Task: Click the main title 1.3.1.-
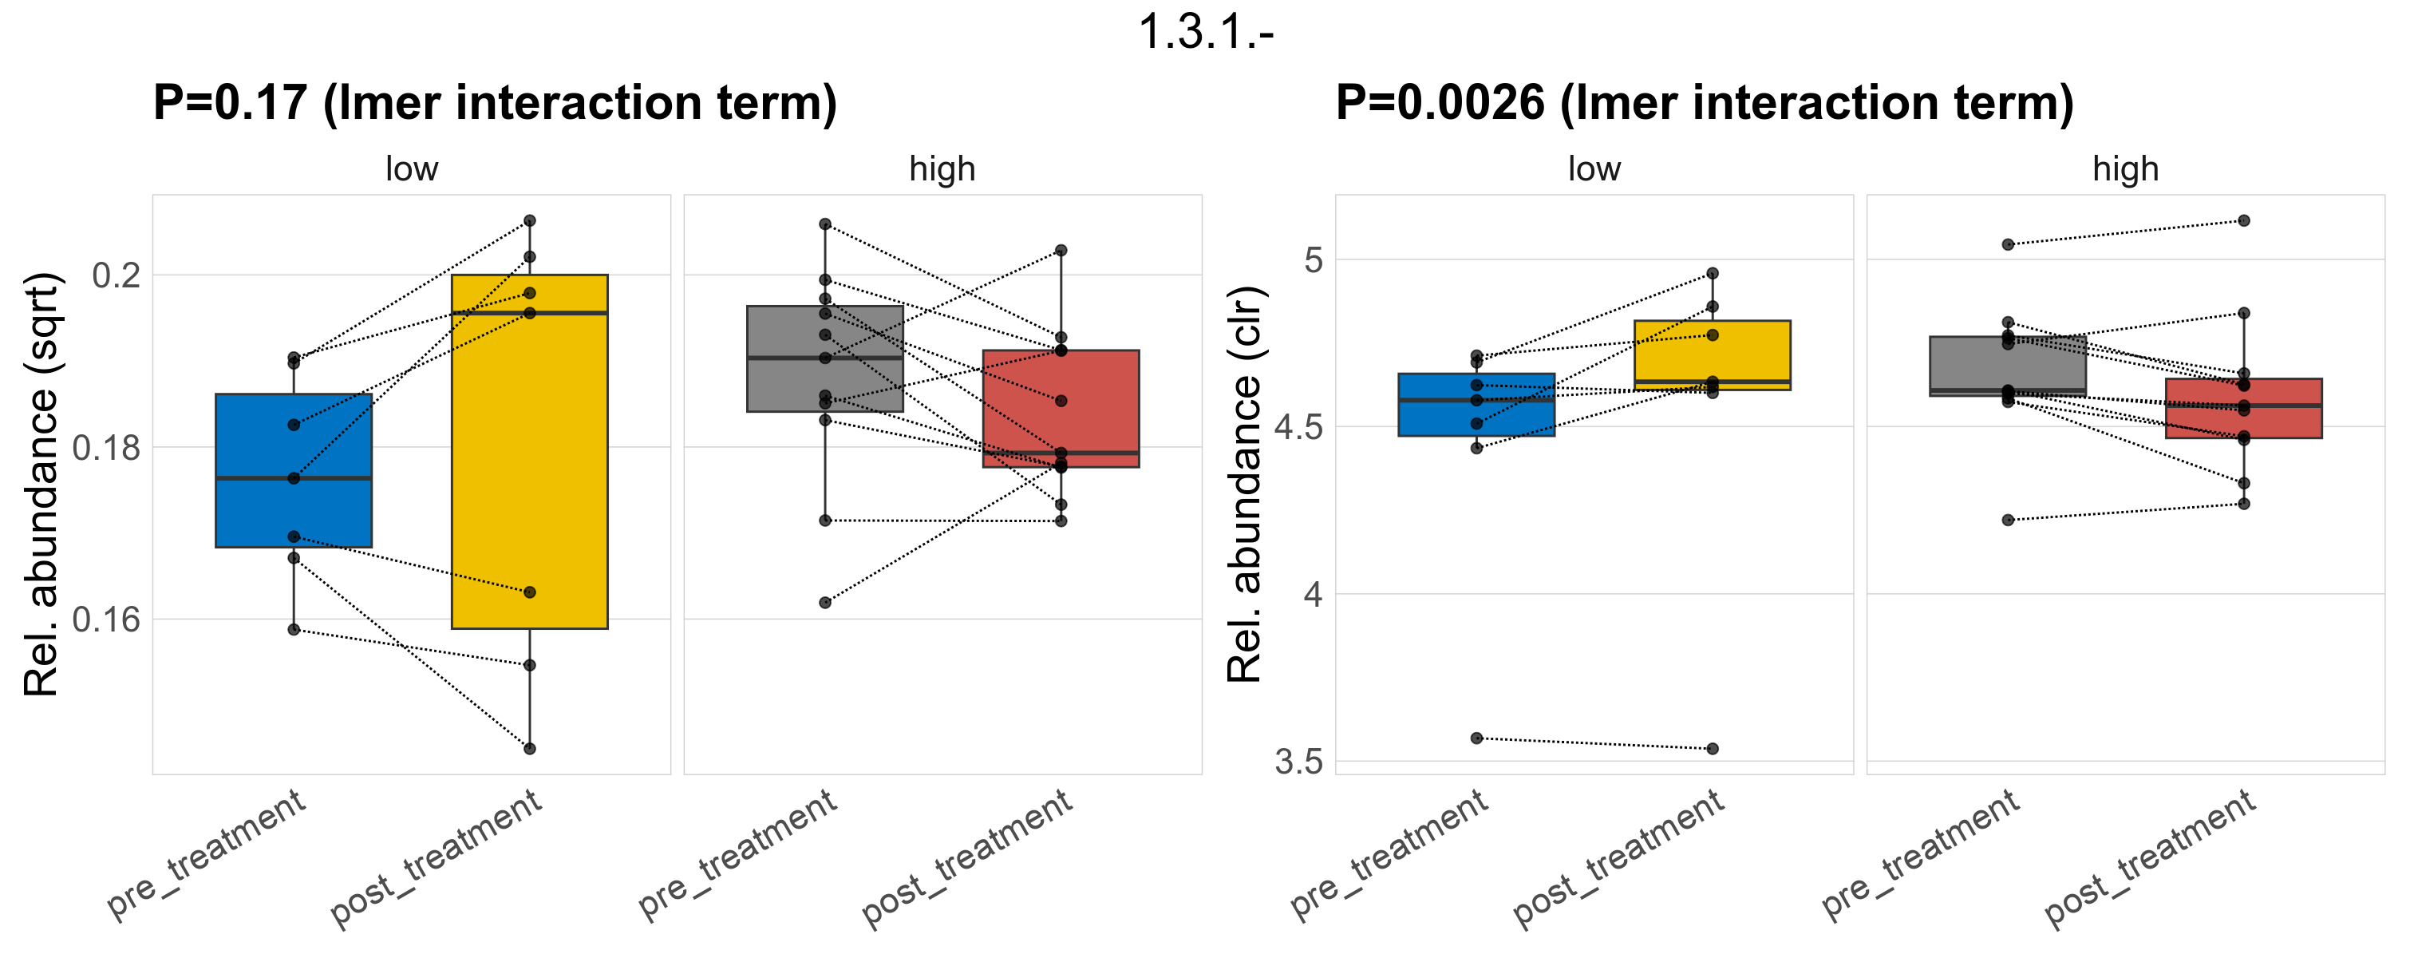1205,34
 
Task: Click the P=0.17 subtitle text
494,103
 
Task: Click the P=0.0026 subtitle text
1704,103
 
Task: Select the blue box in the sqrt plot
294,440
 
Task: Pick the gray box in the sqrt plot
825,383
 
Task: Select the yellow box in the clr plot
1712,350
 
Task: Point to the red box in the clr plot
2243,421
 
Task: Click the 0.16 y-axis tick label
107,620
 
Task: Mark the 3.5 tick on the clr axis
1299,762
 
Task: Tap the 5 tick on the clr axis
1314,259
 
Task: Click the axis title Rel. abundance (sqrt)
41,485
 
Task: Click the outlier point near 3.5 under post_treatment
1712,749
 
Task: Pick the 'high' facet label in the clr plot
2126,169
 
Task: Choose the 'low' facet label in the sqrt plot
412,169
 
